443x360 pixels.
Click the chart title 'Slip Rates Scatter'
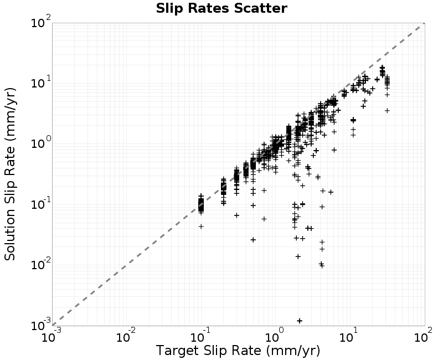point(221,8)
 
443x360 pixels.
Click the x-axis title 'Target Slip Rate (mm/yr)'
point(238,351)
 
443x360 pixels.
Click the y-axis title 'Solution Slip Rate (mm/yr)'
point(10,174)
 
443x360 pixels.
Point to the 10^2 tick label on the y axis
point(41,22)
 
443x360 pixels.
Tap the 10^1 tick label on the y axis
point(41,83)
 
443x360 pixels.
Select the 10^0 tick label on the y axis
point(41,143)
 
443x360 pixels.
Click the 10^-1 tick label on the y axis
point(41,204)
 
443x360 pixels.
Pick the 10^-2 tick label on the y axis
point(41,265)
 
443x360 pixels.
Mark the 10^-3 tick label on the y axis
point(41,326)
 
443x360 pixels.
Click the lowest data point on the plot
point(300,321)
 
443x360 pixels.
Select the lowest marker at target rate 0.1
point(201,227)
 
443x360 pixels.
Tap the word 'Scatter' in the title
point(260,8)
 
